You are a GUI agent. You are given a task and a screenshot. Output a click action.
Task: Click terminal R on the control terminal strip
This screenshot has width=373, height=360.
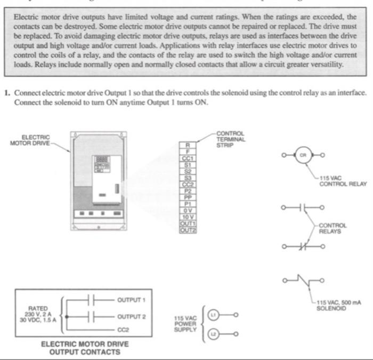[x=187, y=145]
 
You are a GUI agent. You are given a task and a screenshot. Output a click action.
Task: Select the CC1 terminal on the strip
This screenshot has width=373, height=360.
[x=187, y=158]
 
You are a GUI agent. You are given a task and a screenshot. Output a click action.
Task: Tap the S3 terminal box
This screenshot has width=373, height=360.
[x=187, y=178]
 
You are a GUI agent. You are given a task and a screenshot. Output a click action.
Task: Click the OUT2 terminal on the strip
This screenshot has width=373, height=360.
[x=187, y=230]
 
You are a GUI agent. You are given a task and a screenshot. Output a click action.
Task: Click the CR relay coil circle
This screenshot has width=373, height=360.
[x=304, y=155]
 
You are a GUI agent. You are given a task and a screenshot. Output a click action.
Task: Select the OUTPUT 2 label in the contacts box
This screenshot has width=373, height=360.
[x=131, y=316]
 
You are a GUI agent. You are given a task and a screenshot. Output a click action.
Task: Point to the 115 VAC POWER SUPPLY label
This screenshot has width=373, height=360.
[x=186, y=324]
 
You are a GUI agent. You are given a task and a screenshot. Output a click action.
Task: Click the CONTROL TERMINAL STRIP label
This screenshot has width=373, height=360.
[x=230, y=139]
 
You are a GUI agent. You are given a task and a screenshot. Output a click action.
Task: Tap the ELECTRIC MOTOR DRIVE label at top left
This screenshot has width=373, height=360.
[x=30, y=143]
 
